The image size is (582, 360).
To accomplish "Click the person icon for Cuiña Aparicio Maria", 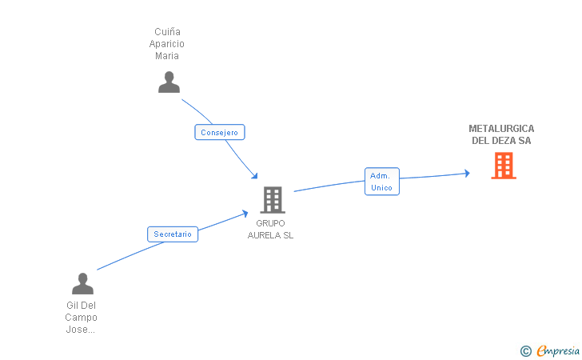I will (169, 82).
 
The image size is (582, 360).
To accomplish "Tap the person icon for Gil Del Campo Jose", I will (82, 284).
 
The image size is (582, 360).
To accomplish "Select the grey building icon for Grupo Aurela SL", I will (272, 199).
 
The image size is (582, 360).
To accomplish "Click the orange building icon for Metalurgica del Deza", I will (503, 165).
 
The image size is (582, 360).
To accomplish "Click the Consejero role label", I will (219, 133).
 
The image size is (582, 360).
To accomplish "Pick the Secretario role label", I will (173, 234).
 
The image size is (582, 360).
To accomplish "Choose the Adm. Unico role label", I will (381, 182).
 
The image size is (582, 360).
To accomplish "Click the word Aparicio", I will (166, 44).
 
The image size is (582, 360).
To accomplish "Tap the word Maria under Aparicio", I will (166, 56).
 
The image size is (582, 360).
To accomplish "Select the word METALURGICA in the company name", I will (501, 129).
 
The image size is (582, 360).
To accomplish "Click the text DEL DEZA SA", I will (501, 141).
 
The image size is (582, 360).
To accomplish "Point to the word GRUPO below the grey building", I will (270, 223).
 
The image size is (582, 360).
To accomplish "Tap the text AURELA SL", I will (270, 235).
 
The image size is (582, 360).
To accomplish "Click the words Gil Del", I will (82, 306).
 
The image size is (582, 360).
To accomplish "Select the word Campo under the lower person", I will (82, 318).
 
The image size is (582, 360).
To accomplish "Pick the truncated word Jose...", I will (82, 330).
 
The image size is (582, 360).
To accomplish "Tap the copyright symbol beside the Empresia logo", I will (525, 350).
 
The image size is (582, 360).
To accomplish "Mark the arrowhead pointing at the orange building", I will (467, 173).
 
